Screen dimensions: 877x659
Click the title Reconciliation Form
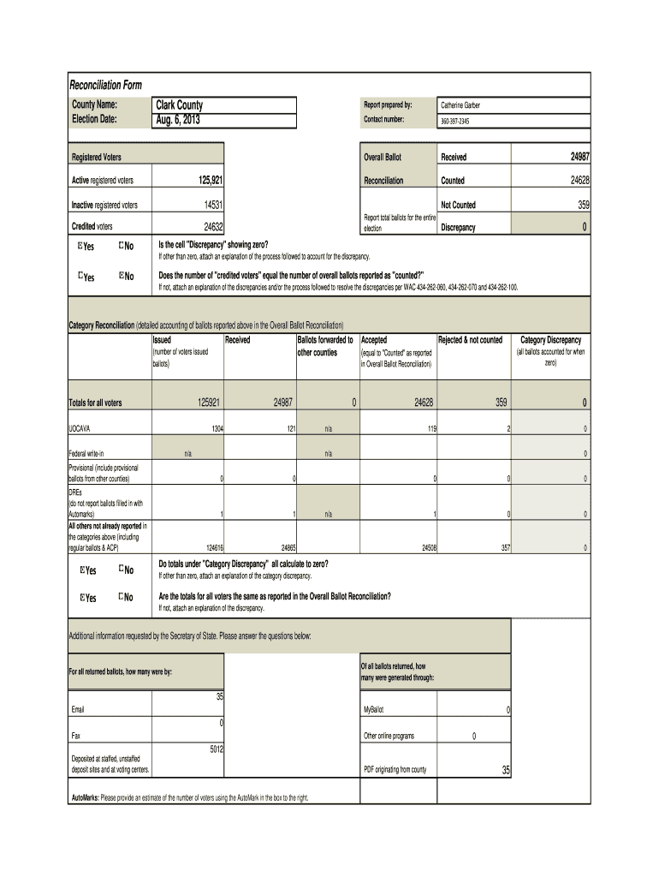(105, 85)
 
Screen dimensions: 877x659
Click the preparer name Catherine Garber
(460, 105)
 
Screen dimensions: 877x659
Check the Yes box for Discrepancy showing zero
(80, 248)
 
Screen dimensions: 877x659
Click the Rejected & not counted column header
(470, 340)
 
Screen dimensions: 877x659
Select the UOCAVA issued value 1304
(215, 428)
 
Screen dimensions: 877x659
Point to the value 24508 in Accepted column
(423, 546)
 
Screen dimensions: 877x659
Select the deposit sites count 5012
(216, 749)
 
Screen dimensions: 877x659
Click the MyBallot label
(376, 711)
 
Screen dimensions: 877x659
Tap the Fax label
(76, 736)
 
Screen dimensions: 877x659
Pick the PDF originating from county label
(395, 770)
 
